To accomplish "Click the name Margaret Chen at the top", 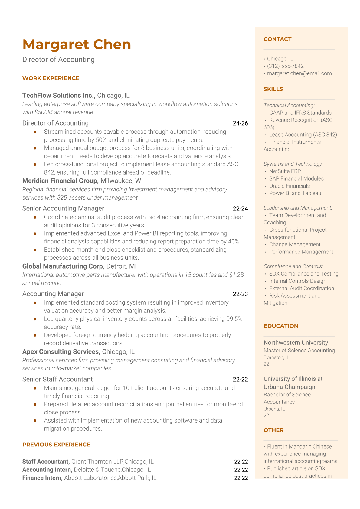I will (77, 44).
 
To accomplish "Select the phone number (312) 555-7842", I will (285, 66).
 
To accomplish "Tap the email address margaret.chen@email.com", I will (299, 73).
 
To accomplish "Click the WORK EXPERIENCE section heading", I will (51, 78).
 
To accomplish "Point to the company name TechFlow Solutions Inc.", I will (59, 95).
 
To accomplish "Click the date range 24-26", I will (240, 123).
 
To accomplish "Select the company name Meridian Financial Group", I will (60, 181).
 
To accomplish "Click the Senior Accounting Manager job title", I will (63, 208).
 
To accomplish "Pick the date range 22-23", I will (240, 294).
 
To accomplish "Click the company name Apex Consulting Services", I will (61, 351).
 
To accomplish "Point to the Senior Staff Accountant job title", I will (57, 379).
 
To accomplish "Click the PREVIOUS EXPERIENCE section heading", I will (56, 445).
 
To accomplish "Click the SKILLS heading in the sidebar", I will (273, 89).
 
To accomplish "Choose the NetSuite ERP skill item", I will (285, 171).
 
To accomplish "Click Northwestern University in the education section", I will (296, 343).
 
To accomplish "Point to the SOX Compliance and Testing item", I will (304, 274).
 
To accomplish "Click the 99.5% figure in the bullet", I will (234, 319).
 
